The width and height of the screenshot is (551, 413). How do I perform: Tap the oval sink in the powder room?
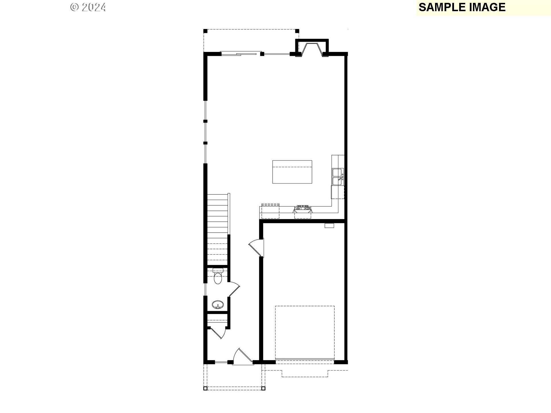pyautogui.click(x=218, y=305)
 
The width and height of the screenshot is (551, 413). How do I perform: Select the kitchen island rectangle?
pyautogui.click(x=292, y=172)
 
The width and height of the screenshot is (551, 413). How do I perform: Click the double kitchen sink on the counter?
pyautogui.click(x=337, y=177)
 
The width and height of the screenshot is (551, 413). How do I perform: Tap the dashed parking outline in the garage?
pyautogui.click(x=305, y=332)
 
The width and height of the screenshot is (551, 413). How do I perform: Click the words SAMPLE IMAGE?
pyautogui.click(x=462, y=7)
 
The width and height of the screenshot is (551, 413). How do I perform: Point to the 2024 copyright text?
pyautogui.click(x=88, y=7)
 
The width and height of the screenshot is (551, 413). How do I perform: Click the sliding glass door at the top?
pyautogui.click(x=238, y=53)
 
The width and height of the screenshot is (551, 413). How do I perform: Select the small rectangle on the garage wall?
pyautogui.click(x=329, y=226)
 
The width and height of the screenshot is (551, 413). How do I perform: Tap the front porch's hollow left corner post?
pyautogui.click(x=205, y=389)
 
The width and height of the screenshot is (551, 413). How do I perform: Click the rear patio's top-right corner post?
pyautogui.click(x=297, y=31)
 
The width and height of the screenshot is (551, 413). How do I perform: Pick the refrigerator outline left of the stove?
pyautogui.click(x=270, y=211)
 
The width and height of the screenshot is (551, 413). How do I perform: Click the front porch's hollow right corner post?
pyautogui.click(x=263, y=389)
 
